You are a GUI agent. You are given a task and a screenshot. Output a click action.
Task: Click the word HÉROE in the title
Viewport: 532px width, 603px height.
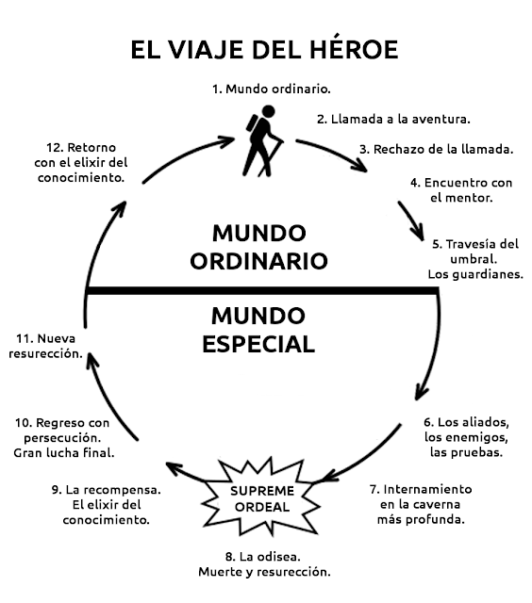[354, 49]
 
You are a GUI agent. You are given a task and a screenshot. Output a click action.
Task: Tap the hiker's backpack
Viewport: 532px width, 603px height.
[252, 124]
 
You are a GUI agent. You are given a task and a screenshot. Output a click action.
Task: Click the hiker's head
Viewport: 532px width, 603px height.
[268, 111]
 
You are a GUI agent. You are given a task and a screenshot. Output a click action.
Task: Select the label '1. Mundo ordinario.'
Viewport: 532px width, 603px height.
[272, 90]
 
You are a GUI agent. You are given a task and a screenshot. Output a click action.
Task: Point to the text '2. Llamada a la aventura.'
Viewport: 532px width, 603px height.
[393, 120]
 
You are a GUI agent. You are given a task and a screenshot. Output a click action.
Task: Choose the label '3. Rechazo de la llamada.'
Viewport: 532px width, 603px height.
[437, 149]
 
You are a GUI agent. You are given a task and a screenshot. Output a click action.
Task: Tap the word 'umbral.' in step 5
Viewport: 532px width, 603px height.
[474, 259]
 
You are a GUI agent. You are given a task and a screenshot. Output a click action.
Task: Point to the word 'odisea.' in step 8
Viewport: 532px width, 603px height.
[278, 557]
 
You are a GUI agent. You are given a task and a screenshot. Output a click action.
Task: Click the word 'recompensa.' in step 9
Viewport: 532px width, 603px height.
[122, 490]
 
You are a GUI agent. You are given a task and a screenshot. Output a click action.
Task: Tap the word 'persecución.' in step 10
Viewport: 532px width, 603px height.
[62, 437]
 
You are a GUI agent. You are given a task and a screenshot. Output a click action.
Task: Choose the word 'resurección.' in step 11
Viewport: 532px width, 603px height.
[46, 354]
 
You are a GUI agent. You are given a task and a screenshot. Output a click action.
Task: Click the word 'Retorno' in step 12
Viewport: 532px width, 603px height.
[91, 148]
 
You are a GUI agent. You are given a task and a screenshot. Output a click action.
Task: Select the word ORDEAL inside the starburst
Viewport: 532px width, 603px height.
[262, 507]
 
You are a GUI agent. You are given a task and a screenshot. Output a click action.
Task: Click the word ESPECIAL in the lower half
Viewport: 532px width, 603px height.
[258, 344]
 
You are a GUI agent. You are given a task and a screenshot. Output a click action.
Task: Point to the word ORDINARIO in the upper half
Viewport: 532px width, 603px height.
[258, 261]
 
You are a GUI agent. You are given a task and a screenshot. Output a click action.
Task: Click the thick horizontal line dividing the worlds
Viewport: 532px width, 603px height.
[262, 291]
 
